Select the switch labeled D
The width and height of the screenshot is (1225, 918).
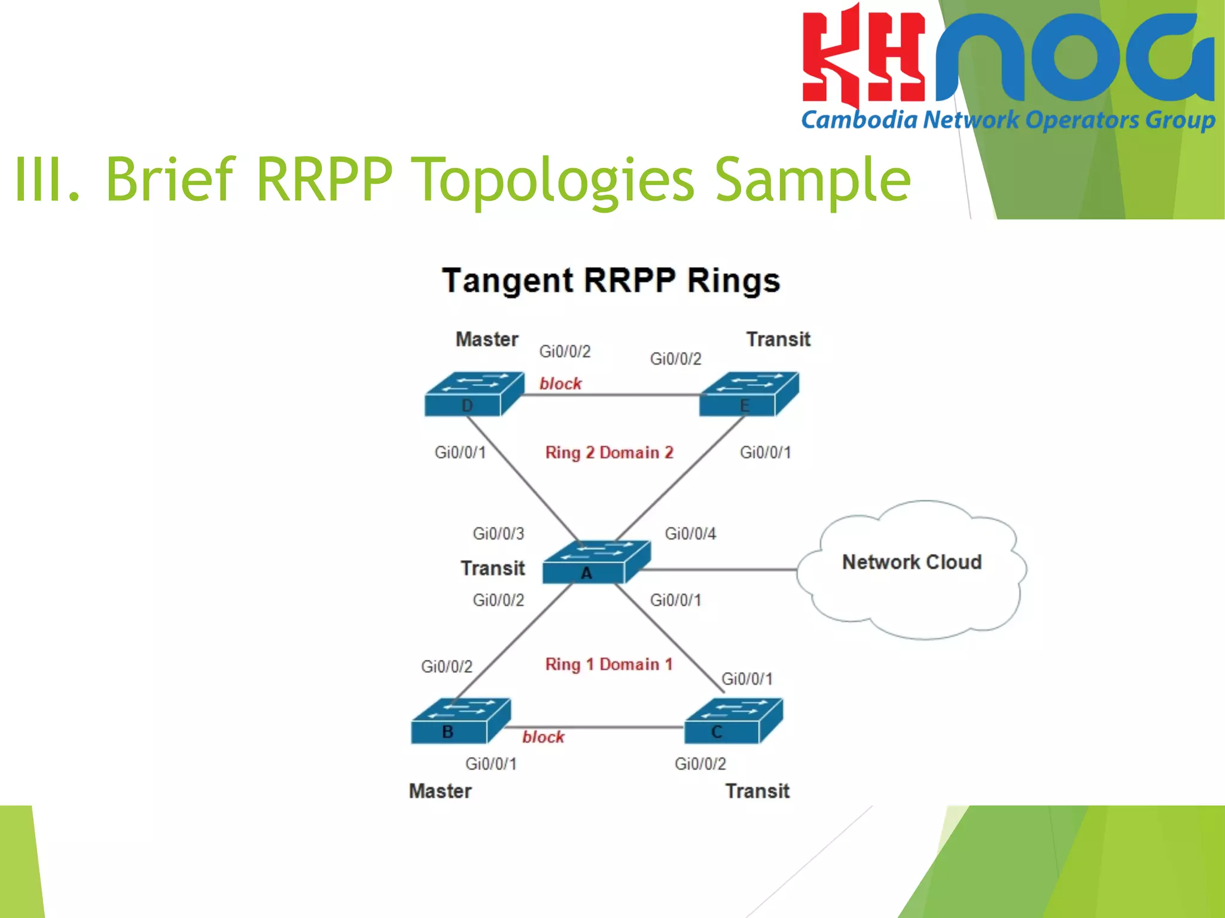tap(473, 394)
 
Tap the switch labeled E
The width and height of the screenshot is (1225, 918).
tap(748, 394)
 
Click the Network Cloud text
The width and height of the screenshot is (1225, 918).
tap(912, 562)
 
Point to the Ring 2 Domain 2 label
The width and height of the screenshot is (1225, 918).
tap(609, 452)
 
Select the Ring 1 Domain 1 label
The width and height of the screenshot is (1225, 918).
tap(609, 665)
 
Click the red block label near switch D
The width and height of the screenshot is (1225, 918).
tap(560, 384)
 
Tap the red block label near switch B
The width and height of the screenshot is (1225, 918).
tap(543, 737)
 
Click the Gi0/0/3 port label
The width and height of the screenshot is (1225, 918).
tap(498, 534)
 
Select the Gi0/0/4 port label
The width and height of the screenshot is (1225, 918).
tap(690, 534)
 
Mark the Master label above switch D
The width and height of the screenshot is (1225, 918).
tap(487, 339)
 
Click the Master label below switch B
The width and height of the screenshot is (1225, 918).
tap(440, 791)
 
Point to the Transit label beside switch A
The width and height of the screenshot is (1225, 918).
tap(492, 568)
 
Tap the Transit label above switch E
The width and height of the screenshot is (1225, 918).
tap(778, 339)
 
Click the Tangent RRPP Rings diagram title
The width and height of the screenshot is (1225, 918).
tap(611, 281)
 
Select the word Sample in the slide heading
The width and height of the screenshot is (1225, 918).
tap(812, 179)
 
